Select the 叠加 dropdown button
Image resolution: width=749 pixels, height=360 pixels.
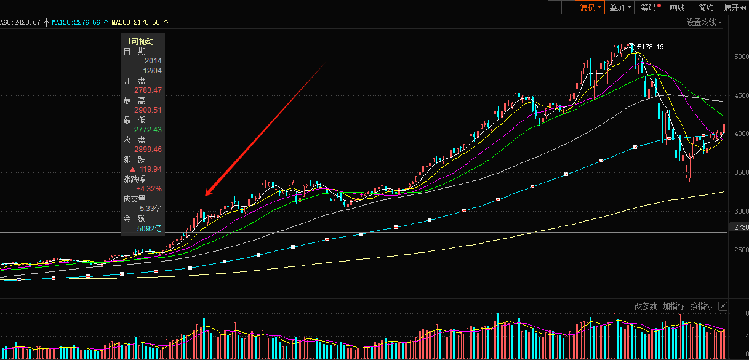620,7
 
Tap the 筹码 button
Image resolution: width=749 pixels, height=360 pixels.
650,7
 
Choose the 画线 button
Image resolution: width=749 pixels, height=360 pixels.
677,7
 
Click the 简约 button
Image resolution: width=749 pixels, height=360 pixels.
707,7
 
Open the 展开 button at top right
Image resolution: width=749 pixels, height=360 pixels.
734,7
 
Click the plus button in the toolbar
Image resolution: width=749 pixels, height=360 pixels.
555,7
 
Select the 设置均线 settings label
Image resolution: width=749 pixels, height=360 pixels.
703,23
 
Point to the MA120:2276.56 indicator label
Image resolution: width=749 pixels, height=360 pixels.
76,22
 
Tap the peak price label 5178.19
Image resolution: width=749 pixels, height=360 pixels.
651,47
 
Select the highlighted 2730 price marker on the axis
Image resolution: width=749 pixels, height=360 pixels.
741,228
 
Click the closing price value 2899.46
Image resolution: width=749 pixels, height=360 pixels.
148,150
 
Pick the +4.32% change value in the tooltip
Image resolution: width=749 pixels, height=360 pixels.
149,189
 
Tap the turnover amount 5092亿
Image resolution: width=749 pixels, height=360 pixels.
149,229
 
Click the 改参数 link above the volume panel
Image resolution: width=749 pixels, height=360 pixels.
646,306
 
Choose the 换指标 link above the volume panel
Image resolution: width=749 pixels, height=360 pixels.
701,306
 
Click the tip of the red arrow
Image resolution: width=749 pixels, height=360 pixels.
205,196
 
